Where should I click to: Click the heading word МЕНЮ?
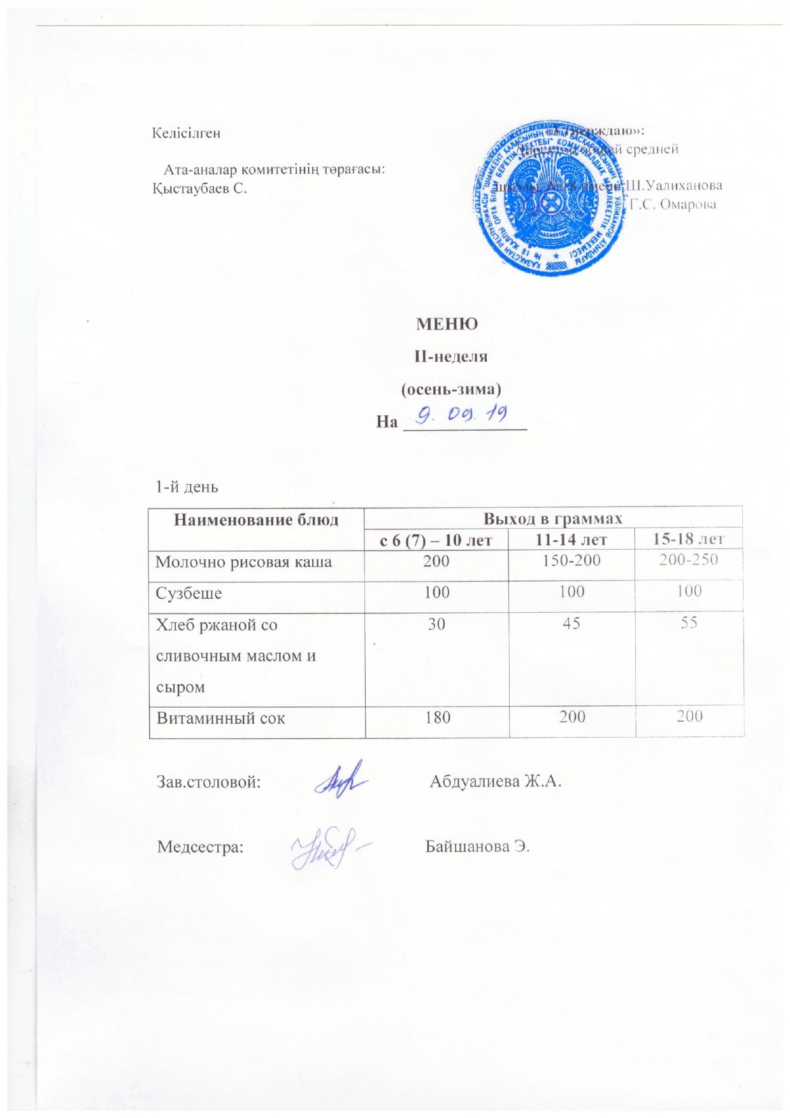(447, 324)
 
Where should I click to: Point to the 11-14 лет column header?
(572, 540)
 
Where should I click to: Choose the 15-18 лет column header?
(690, 540)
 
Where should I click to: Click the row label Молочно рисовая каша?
(244, 562)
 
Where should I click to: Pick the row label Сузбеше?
(189, 592)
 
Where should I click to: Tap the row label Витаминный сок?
(221, 718)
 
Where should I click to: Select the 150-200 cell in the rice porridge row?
(572, 561)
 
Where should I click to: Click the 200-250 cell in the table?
(690, 561)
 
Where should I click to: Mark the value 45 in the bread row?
(571, 624)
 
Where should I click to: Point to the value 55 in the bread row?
(690, 624)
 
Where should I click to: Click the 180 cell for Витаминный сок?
(438, 718)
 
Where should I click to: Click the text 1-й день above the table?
(187, 487)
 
